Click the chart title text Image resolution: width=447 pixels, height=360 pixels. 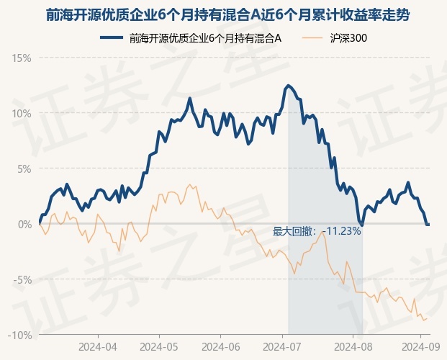227,15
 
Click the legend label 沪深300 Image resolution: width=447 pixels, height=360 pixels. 348,38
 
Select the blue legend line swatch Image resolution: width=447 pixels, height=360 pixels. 112,37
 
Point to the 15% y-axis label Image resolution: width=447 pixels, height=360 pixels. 22,58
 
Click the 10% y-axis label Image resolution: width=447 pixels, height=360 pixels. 22,114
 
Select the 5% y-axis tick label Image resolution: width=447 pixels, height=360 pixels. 24,169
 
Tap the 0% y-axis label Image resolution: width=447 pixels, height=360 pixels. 24,224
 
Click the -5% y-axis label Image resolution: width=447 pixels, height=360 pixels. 22,280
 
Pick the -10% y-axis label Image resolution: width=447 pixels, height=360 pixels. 19,336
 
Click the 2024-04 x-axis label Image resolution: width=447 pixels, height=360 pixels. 98,347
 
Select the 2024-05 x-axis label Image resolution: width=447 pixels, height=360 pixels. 159,347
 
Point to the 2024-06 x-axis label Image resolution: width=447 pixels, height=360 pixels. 221,347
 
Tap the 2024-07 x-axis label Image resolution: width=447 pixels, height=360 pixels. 282,347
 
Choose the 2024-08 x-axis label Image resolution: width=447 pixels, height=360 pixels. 353,347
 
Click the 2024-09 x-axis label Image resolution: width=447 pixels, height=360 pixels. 421,347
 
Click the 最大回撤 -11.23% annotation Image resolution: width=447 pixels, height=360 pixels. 317,231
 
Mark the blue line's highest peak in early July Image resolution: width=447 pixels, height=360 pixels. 288,85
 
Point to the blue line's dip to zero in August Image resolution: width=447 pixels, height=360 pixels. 362,225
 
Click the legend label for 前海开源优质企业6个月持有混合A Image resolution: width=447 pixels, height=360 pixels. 205,38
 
